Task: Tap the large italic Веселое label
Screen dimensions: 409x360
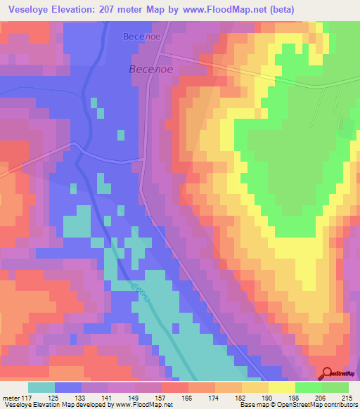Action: click(x=150, y=69)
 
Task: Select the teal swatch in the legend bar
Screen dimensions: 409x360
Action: click(x=41, y=387)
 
